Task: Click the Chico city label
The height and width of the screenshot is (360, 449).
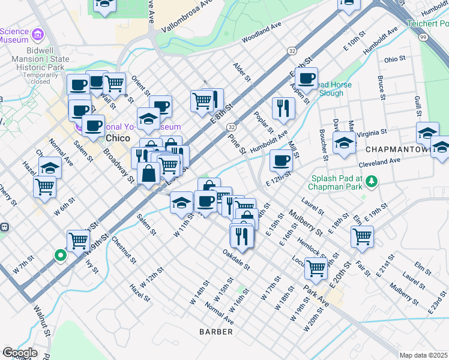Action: (x=119, y=139)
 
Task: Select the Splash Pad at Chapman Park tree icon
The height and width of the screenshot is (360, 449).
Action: (x=372, y=181)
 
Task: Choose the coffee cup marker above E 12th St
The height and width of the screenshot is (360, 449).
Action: (x=281, y=160)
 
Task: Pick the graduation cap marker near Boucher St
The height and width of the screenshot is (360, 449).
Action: (x=344, y=143)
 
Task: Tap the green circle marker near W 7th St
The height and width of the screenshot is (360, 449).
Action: (x=60, y=255)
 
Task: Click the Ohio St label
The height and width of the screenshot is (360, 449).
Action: (x=395, y=59)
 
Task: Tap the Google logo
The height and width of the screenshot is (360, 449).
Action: (x=20, y=352)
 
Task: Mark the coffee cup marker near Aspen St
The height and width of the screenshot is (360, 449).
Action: (x=306, y=77)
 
